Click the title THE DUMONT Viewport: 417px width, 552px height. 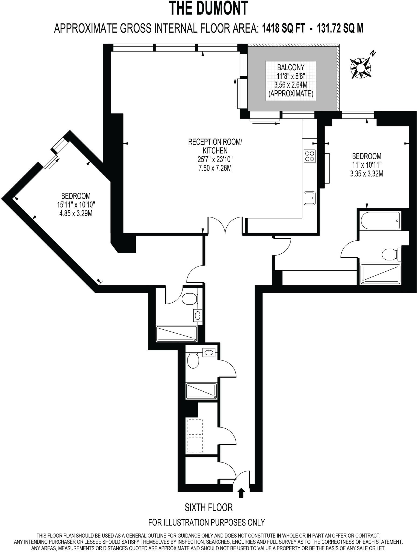coord(208,8)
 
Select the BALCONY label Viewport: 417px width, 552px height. coord(291,67)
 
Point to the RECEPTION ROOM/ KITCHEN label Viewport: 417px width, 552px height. coord(215,146)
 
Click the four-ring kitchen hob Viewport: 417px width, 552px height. coord(309,156)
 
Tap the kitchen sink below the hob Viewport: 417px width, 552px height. coord(310,198)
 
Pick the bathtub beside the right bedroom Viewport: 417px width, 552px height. coord(380,220)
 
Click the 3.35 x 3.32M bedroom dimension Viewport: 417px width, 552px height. coord(367,174)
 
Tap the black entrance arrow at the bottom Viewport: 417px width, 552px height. coord(241,493)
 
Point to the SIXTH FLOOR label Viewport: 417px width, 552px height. coord(209,508)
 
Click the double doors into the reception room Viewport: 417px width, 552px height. coord(225,225)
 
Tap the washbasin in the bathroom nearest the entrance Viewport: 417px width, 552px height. coord(209,352)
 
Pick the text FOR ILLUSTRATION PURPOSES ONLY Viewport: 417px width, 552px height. coord(206,522)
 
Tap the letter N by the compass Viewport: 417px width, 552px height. coord(373,53)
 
